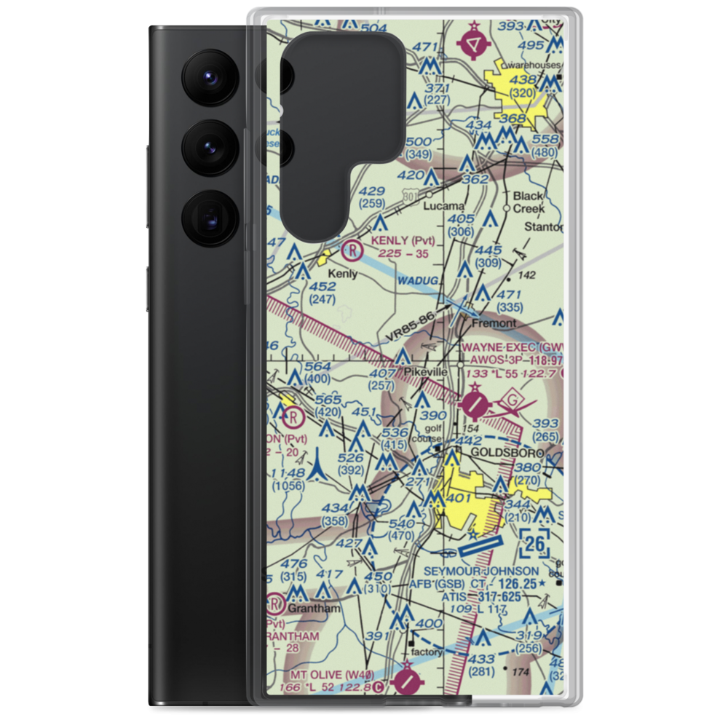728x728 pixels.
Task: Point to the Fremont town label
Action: (x=494, y=323)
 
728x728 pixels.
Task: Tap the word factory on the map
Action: (x=427, y=652)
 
